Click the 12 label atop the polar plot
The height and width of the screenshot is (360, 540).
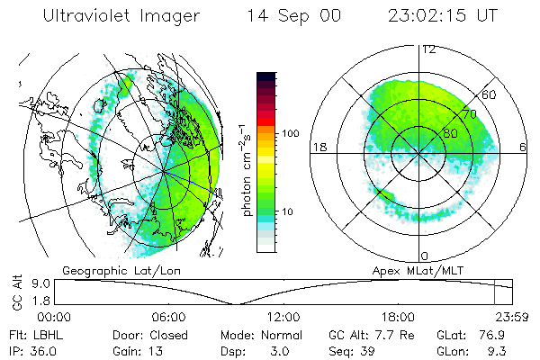click(x=428, y=49)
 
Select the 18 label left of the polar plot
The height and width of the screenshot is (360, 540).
click(x=318, y=148)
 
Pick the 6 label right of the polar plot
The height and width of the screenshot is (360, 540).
click(x=523, y=148)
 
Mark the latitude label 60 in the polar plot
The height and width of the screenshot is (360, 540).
click(x=490, y=94)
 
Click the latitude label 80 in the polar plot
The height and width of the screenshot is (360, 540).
click(x=450, y=133)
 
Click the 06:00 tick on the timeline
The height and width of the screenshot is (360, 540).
click(x=168, y=317)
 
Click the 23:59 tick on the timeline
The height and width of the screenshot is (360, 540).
click(x=512, y=317)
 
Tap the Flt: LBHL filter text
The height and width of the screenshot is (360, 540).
click(x=39, y=335)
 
